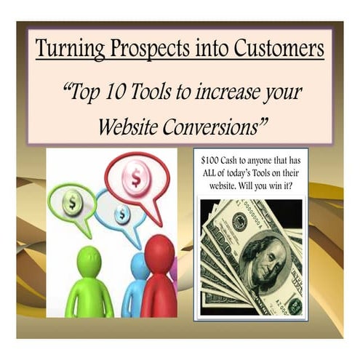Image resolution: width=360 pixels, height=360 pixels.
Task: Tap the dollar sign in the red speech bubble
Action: click(x=137, y=176)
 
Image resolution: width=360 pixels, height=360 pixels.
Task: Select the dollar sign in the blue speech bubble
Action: click(x=122, y=213)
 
